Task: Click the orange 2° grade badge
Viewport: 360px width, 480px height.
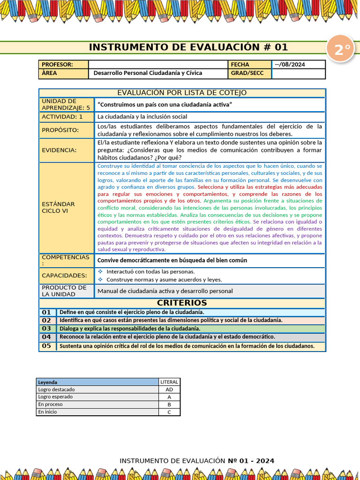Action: [343, 50]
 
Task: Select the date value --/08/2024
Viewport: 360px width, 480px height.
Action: [290, 65]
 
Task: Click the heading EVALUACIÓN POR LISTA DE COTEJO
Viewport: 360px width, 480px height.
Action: [182, 93]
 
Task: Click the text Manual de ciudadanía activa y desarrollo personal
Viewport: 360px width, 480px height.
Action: [165, 291]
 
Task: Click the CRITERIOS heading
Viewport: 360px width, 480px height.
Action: [182, 303]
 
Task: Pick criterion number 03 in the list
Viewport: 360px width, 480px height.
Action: [46, 329]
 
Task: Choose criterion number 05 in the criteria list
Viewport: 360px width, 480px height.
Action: [46, 346]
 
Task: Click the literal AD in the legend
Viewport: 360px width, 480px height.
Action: [169, 390]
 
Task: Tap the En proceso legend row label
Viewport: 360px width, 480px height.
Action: [51, 404]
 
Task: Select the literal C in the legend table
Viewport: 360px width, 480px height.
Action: [169, 412]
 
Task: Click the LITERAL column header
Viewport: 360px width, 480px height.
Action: [169, 382]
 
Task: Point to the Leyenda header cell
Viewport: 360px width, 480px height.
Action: [48, 382]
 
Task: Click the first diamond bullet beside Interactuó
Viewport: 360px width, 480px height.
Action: [100, 271]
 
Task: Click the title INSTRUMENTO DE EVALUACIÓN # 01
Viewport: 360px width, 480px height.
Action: [188, 47]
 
